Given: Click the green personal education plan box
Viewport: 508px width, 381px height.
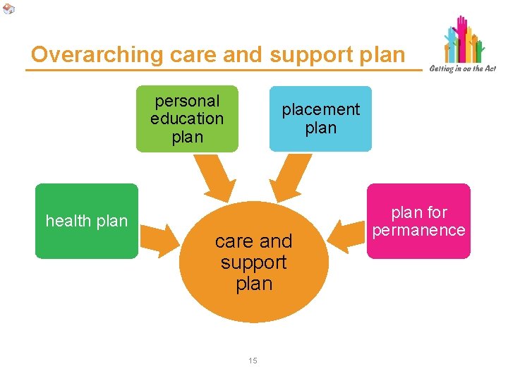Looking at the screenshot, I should point(187,119).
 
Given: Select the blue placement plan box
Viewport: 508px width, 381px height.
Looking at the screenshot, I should point(320,119).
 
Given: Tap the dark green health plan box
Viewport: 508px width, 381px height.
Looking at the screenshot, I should point(87,221).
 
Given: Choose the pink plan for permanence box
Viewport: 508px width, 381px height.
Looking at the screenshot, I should point(418,221).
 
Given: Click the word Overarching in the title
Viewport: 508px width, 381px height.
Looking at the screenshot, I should point(79,54).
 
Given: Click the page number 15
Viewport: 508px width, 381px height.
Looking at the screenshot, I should point(253,361).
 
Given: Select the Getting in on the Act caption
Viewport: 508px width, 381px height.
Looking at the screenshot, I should point(462,68).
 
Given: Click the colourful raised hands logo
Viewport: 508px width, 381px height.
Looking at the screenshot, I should point(464,40).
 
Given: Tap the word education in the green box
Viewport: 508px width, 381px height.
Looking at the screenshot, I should point(187,119).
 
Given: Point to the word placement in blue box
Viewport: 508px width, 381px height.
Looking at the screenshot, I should point(320,109).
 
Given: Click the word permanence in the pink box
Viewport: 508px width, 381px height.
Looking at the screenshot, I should point(418,230).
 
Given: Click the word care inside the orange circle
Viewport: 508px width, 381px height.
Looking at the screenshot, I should point(233,241).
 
